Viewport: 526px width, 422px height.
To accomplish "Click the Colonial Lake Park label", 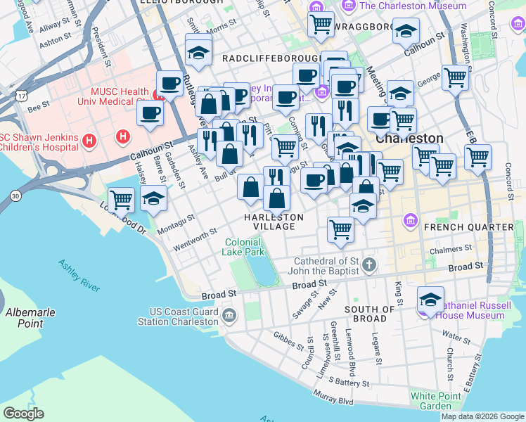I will pyautogui.click(x=244, y=247).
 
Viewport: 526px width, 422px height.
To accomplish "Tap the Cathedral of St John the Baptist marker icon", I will pyautogui.click(x=371, y=264).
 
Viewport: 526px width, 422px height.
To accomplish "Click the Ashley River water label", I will pyautogui.click(x=79, y=275).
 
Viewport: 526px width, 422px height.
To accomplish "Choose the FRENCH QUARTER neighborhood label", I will pyautogui.click(x=468, y=227).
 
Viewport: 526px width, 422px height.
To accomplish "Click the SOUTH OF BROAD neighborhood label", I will pyautogui.click(x=369, y=314).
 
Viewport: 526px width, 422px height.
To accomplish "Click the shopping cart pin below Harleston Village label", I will pyautogui.click(x=341, y=229).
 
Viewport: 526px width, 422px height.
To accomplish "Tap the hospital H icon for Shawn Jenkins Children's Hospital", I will pyautogui.click(x=89, y=141).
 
